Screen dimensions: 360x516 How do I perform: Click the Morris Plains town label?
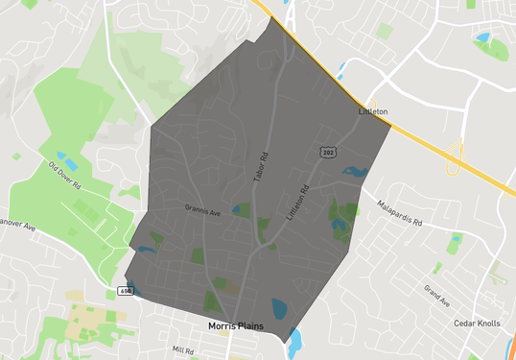[241, 326]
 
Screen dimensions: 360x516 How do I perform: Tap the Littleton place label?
[372, 112]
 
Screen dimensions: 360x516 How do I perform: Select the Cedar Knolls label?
[477, 324]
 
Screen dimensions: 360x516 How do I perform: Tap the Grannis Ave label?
[202, 207]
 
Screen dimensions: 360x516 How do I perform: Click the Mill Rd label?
[182, 351]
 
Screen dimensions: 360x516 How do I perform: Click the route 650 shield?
[126, 290]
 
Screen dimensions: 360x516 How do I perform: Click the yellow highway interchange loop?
[455, 157]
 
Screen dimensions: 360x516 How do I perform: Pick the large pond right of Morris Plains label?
[279, 308]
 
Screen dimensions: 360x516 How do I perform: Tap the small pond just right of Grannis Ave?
[235, 210]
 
